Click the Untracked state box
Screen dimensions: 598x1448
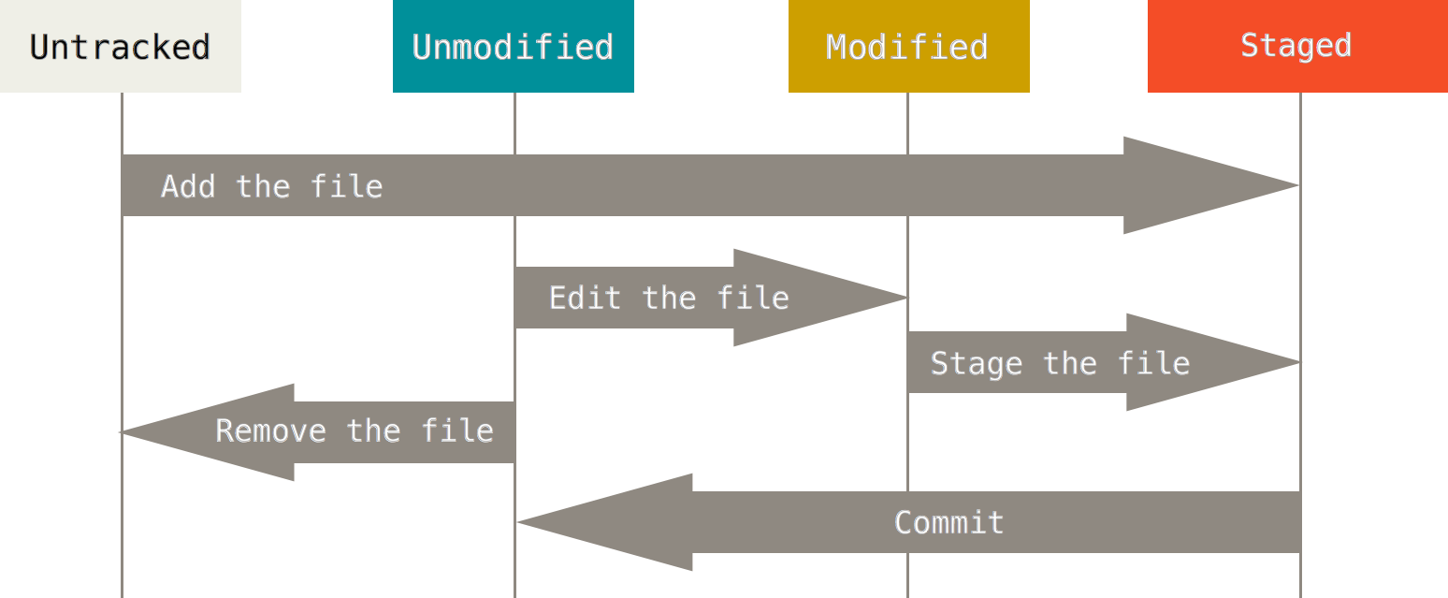[x=120, y=46]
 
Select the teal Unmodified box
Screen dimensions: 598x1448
[x=513, y=46]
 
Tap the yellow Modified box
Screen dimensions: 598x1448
[x=908, y=46]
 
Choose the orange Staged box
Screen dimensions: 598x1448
[x=1296, y=46]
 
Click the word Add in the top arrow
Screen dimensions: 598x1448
[x=188, y=186]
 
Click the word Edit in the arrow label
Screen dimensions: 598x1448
[x=585, y=298]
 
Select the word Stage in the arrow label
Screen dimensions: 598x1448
[x=976, y=363]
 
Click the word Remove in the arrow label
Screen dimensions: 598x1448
[x=270, y=430]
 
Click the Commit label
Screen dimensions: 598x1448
[x=948, y=522]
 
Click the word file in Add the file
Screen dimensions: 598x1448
[x=346, y=186]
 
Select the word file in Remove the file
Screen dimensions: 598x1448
[x=456, y=430]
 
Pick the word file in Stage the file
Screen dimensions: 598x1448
[x=1153, y=363]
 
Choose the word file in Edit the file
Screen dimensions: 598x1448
[x=753, y=298]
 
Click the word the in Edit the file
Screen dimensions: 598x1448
[x=669, y=298]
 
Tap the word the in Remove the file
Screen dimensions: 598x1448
[x=373, y=430]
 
